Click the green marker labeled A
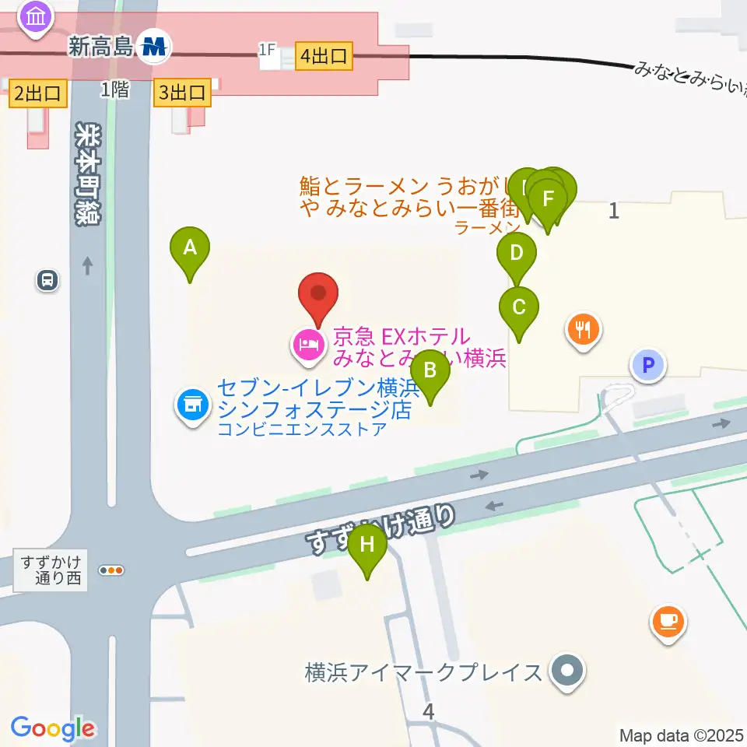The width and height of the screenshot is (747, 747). [x=189, y=248]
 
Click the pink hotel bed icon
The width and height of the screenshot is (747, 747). [x=307, y=344]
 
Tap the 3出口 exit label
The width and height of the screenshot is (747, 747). [x=183, y=93]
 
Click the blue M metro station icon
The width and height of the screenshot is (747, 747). [x=154, y=47]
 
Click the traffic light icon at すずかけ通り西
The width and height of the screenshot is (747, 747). [x=113, y=570]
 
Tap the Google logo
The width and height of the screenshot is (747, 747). [x=53, y=729]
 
